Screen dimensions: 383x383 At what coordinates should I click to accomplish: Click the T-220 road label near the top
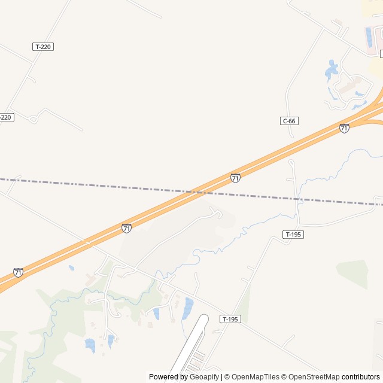pyautogui.click(x=43, y=46)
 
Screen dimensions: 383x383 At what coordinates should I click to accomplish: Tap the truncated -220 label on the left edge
pyautogui.click(x=6, y=117)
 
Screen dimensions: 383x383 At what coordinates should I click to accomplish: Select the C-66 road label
pyautogui.click(x=289, y=121)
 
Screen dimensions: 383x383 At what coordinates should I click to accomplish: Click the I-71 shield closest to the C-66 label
pyautogui.click(x=344, y=128)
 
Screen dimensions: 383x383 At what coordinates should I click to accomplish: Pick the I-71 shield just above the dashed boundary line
pyautogui.click(x=236, y=178)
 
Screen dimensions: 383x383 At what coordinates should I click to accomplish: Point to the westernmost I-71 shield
pyautogui.click(x=19, y=273)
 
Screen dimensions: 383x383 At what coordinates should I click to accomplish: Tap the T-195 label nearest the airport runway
pyautogui.click(x=230, y=319)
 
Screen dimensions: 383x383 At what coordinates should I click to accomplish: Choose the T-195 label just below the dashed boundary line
pyautogui.click(x=293, y=234)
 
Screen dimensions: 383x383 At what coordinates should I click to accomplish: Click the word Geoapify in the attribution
pyautogui.click(x=203, y=377)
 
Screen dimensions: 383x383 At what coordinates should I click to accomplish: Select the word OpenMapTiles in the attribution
pyautogui.click(x=255, y=377)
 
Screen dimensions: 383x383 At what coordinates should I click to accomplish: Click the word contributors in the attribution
pyautogui.click(x=361, y=377)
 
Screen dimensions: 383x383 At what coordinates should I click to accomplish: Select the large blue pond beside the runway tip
pyautogui.click(x=188, y=307)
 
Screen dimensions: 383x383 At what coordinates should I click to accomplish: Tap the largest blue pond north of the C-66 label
pyautogui.click(x=331, y=71)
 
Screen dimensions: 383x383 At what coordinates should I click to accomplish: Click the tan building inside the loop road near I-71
pyautogui.click(x=347, y=85)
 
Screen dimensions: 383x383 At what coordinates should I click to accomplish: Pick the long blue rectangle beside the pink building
pyautogui.click(x=369, y=37)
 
